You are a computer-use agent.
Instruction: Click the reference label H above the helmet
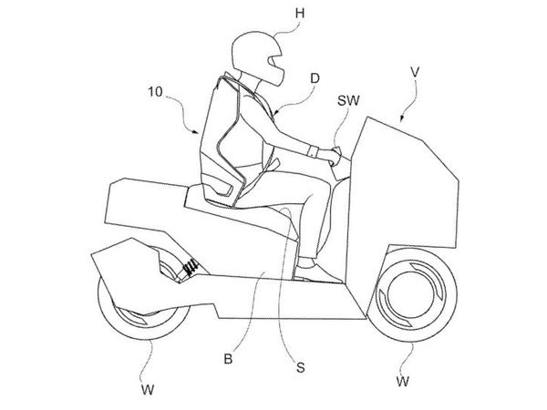(300, 14)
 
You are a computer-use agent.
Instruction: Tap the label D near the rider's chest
(315, 78)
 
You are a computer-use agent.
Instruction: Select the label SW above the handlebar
(348, 101)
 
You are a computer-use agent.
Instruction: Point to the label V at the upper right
(415, 73)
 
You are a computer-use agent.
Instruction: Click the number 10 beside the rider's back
(155, 92)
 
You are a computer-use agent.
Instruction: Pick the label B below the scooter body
(228, 358)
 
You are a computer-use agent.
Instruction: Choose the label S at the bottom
(300, 367)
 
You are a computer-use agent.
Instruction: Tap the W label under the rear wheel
(148, 389)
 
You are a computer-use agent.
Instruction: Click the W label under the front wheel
(402, 382)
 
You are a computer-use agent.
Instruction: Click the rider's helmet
(257, 57)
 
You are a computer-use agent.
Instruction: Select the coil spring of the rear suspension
(190, 268)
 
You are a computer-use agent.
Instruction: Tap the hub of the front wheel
(411, 294)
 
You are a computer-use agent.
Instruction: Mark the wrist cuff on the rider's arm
(313, 151)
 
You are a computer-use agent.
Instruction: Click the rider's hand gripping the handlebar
(331, 156)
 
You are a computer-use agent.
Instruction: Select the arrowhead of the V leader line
(402, 118)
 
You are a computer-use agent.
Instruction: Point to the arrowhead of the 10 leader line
(197, 131)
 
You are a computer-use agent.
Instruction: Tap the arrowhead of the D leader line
(275, 112)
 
